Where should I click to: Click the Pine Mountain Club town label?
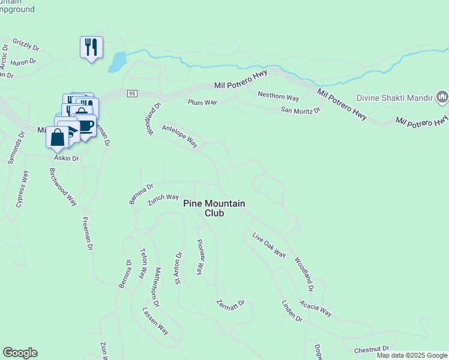pyautogui.click(x=214, y=208)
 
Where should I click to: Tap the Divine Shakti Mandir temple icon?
pyautogui.click(x=442, y=97)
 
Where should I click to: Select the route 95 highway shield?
pyautogui.click(x=133, y=93)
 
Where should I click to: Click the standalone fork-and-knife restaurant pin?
pyautogui.click(x=91, y=47)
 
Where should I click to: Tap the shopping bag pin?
pyautogui.click(x=57, y=137)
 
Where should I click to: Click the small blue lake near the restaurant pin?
pyautogui.click(x=118, y=61)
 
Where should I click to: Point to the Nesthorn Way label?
pyautogui.click(x=278, y=96)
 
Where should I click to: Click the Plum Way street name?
pyautogui.click(x=202, y=103)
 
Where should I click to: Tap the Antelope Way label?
pyautogui.click(x=179, y=136)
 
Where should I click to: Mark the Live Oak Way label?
pyautogui.click(x=268, y=245)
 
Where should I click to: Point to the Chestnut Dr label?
pyautogui.click(x=372, y=349)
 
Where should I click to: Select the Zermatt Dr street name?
pyautogui.click(x=231, y=304)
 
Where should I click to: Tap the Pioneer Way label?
pyautogui.click(x=201, y=257)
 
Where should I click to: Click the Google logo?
pyautogui.click(x=20, y=353)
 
